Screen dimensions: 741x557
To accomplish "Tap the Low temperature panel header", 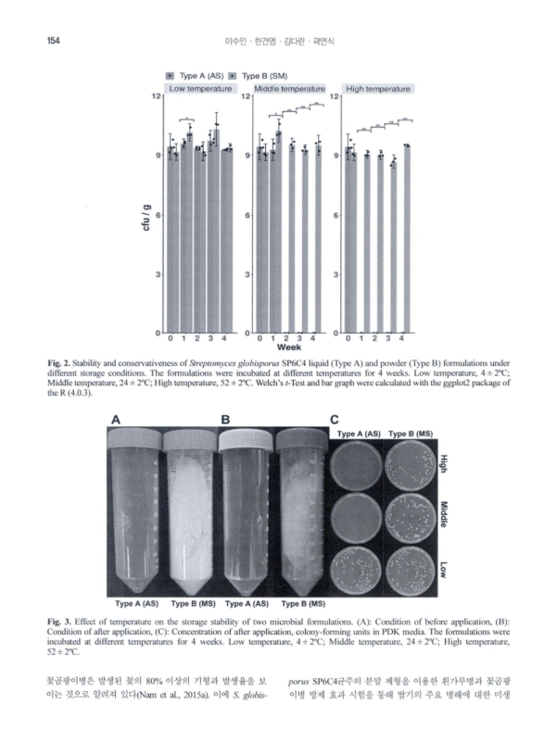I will tap(200, 89).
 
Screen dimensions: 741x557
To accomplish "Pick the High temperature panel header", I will tap(377, 89).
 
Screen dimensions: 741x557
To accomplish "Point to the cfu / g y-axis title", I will tap(147, 215).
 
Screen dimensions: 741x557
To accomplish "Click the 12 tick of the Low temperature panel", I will tap(159, 96).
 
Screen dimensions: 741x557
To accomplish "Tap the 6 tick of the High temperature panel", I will tap(336, 215).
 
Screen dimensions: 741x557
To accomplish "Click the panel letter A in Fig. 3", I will tap(117, 420).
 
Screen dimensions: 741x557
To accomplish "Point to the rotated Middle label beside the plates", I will tap(446, 514).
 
